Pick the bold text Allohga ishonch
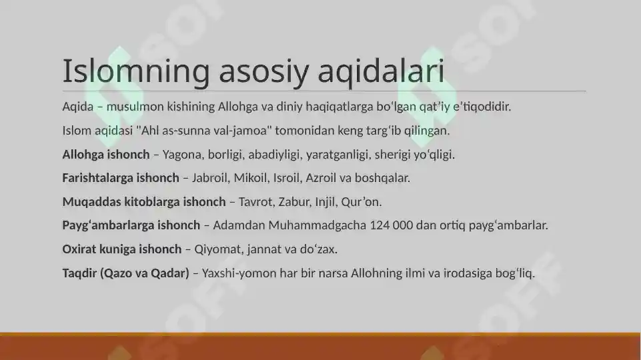point(105,155)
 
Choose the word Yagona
point(182,155)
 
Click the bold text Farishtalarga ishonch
point(120,178)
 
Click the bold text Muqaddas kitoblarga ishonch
point(143,201)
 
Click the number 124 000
point(390,225)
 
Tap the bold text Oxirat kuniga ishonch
point(121,249)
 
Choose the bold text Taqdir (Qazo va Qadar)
point(125,273)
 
